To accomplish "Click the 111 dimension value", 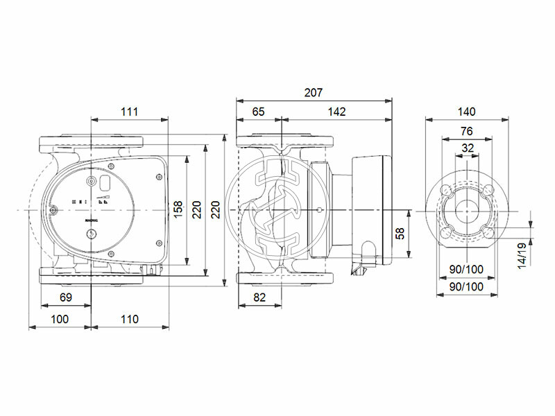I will click(x=129, y=111).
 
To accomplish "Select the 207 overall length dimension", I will click(x=314, y=92).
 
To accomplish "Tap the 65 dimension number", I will click(x=258, y=111).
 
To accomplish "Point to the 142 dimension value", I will click(x=336, y=111).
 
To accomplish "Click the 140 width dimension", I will click(x=466, y=111).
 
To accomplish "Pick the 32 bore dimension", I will click(x=466, y=148).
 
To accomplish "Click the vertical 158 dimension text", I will click(x=178, y=209).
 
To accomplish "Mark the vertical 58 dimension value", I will click(x=400, y=234).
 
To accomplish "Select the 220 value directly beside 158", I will click(x=196, y=209).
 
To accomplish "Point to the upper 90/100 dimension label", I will click(x=466, y=269).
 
